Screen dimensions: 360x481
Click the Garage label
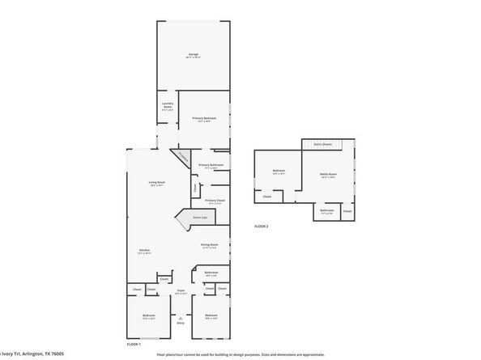194,53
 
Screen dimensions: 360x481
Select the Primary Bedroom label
203,118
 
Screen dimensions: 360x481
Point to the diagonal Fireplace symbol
182,158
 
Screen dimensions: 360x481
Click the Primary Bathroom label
211,165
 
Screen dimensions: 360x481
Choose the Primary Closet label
215,200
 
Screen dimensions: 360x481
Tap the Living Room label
157,182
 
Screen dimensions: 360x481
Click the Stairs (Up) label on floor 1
198,217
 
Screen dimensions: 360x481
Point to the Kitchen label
144,251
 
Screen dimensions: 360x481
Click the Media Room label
328,174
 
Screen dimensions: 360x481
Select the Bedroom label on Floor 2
279,170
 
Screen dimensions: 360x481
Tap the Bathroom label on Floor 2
326,210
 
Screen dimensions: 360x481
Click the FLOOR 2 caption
262,226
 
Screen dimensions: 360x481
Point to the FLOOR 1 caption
134,344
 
